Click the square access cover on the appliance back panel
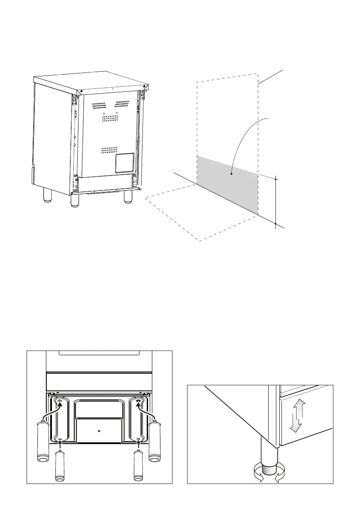click(124, 163)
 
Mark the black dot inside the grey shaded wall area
click(231, 174)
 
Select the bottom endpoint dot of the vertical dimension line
click(275, 224)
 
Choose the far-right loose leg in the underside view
click(154, 441)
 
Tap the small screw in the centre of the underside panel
click(99, 430)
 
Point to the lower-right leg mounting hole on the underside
click(139, 441)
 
